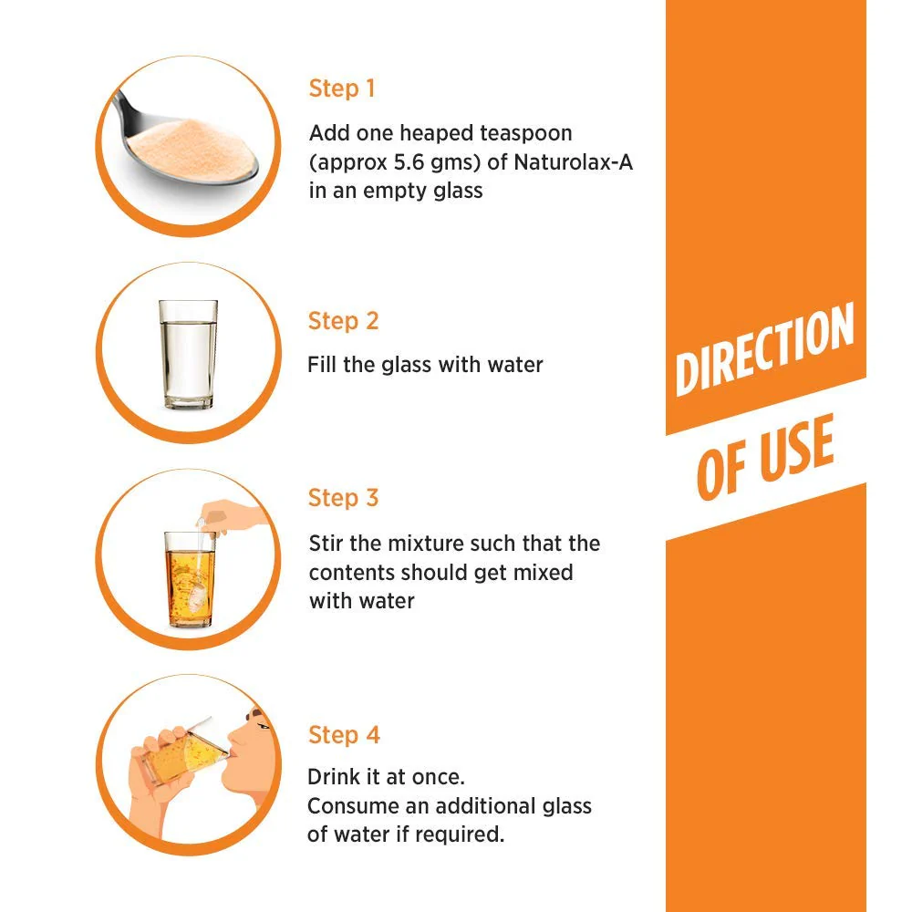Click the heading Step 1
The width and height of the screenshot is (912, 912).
342,88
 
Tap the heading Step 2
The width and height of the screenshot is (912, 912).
343,321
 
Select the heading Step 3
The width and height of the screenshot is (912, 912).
343,498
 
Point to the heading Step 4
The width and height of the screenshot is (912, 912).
344,734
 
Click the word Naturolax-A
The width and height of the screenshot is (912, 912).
573,162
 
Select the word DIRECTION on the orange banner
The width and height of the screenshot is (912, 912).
763,349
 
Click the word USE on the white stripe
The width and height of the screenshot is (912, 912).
797,449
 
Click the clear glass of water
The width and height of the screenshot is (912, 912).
188,354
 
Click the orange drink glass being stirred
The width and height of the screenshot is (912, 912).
190,579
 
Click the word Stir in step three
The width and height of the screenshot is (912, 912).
326,544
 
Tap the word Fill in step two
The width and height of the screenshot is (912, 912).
322,365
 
